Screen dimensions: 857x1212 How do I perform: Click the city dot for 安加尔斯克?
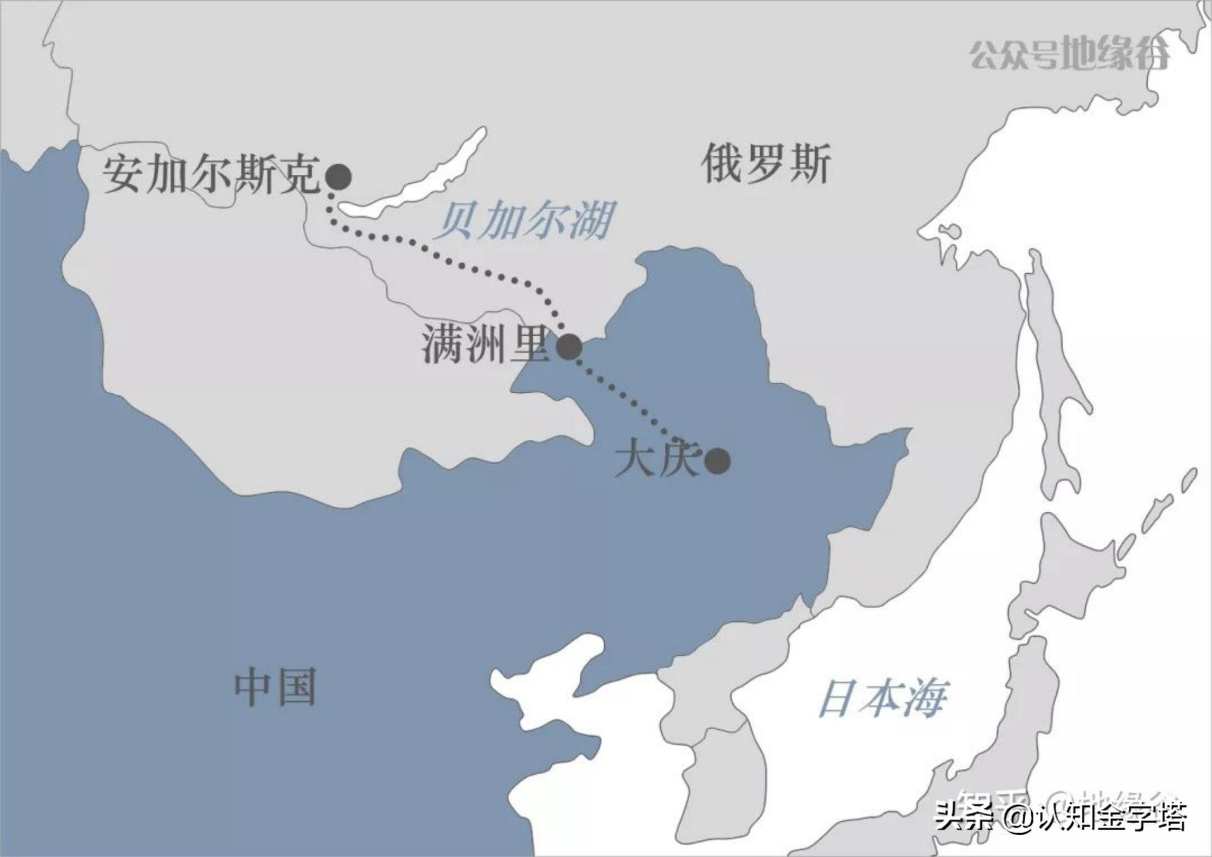coord(339,177)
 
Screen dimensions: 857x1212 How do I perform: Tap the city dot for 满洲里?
coord(569,346)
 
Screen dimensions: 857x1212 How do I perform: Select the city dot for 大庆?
coord(718,461)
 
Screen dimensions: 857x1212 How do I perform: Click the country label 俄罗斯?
coord(766,164)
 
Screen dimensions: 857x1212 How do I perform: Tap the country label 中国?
coord(275,687)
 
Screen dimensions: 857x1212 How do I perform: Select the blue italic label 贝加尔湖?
coord(523,221)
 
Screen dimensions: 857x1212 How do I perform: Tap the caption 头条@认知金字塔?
coord(1062,817)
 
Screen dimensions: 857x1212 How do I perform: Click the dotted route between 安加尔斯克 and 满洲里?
coord(452,262)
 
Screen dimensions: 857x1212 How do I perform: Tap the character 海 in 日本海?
coord(925,698)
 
